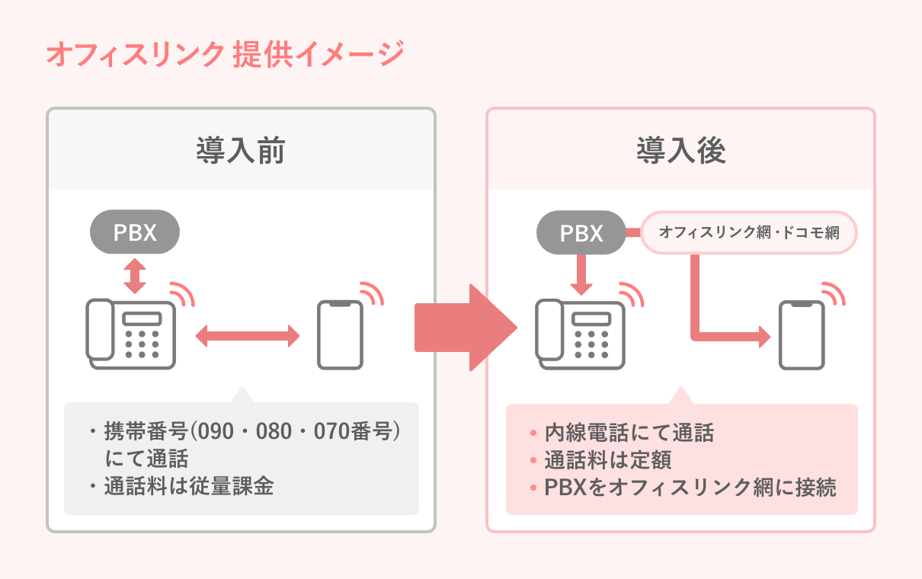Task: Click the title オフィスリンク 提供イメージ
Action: (x=224, y=55)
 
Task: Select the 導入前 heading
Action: (x=241, y=151)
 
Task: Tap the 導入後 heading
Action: (x=680, y=151)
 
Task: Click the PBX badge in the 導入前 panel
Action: (x=135, y=232)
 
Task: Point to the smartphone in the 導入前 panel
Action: (x=340, y=335)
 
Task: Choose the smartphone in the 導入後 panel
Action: (x=802, y=335)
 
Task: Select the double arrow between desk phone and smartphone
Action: (x=248, y=335)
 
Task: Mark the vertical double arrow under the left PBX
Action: (x=135, y=275)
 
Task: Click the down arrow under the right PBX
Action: (x=581, y=276)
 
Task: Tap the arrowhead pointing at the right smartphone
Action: (x=763, y=336)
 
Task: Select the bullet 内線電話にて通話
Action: (x=629, y=433)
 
